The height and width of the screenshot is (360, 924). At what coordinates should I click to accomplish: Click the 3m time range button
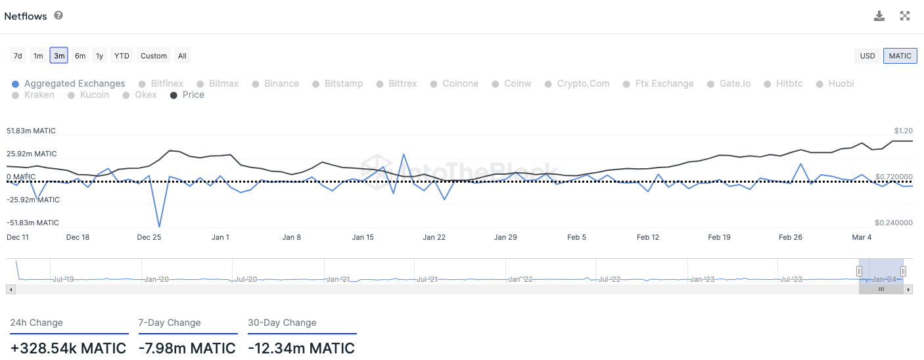click(59, 56)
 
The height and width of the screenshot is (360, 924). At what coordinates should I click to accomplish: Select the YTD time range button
click(122, 56)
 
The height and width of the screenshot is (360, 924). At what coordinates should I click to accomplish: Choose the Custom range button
click(154, 56)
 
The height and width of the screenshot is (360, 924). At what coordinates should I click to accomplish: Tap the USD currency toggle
click(867, 56)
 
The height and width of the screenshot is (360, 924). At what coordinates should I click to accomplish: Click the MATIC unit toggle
click(900, 56)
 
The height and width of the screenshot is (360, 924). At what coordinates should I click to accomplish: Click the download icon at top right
click(879, 16)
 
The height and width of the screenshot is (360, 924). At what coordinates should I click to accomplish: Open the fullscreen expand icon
click(905, 16)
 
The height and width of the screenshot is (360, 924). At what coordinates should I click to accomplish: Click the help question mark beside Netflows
click(58, 15)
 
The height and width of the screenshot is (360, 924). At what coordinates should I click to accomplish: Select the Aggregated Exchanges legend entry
click(74, 83)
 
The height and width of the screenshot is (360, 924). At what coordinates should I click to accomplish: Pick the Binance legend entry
click(281, 83)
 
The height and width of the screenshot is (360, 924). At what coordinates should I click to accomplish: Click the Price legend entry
click(193, 95)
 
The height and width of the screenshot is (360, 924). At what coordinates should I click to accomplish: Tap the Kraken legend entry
click(39, 95)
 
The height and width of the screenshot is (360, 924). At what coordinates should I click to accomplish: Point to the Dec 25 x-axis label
click(149, 237)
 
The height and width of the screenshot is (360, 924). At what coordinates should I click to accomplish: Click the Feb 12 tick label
click(648, 237)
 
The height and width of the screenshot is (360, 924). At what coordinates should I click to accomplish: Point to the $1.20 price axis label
click(903, 131)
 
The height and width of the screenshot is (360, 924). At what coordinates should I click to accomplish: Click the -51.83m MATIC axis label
click(32, 223)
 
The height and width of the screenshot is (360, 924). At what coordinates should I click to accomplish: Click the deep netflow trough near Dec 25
click(159, 227)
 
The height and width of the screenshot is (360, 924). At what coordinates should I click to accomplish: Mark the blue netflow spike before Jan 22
click(403, 154)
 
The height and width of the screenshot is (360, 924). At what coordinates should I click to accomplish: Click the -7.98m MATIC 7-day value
click(187, 348)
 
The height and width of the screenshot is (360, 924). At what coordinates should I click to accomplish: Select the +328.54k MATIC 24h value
click(68, 348)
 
